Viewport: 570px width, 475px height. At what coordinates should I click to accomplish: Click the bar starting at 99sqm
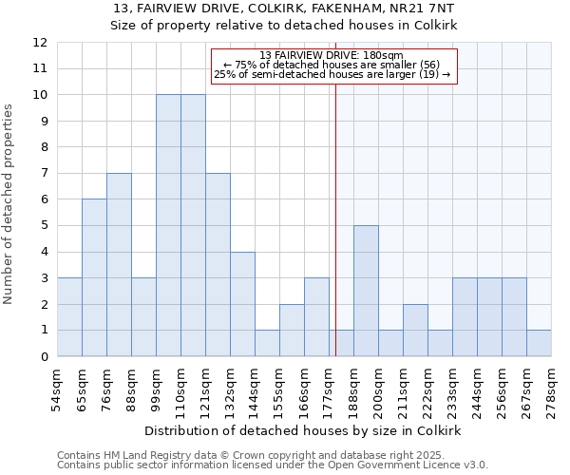point(168,225)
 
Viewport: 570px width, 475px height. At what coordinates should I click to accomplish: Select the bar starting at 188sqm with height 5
point(366,291)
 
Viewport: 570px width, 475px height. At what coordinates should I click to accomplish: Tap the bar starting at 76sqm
point(119,265)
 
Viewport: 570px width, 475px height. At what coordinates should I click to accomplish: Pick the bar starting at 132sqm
point(242,304)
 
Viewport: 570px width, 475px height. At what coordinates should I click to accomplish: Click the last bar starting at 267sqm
point(539,343)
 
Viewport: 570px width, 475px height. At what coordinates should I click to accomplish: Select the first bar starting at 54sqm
point(69,317)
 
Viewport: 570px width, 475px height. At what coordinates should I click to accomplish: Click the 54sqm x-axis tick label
point(57,389)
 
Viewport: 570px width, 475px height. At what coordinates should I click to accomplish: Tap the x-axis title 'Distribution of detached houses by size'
point(303,430)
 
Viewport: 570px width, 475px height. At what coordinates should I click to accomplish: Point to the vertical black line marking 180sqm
point(335,218)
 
